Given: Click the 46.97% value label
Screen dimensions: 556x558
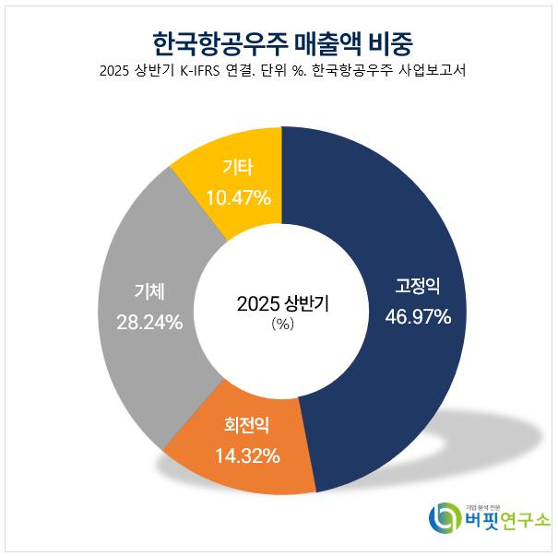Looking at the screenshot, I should [418, 318].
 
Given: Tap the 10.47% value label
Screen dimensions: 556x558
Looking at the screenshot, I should [238, 196].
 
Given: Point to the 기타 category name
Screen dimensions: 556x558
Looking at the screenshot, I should [238, 168].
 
